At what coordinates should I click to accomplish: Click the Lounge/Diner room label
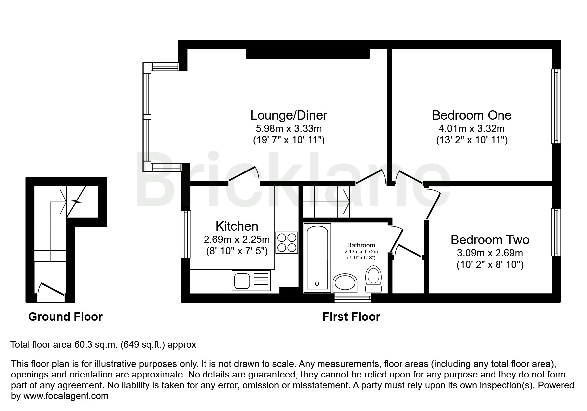[288, 115]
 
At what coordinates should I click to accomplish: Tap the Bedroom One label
[472, 115]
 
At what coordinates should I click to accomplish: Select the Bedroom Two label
[490, 240]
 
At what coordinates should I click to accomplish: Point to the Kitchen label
[237, 226]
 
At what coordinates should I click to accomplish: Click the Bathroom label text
[361, 245]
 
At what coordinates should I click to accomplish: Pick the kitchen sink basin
[242, 281]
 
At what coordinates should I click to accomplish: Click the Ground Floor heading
[66, 317]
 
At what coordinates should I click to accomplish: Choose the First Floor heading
[351, 317]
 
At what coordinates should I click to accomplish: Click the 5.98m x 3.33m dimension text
[288, 128]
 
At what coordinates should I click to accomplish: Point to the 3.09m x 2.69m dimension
[490, 253]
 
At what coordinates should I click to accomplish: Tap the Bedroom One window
[556, 106]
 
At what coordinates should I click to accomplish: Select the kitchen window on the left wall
[186, 234]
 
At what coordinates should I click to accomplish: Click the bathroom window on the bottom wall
[352, 298]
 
